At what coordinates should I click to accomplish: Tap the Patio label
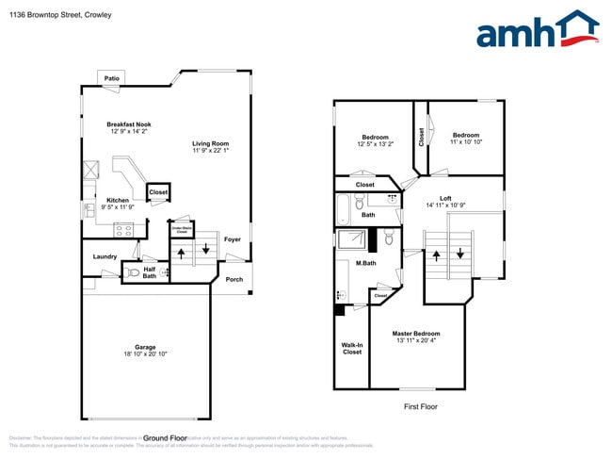[112, 78]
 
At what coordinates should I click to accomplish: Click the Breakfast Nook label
[129, 124]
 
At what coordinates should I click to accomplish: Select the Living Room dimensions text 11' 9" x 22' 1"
[211, 150]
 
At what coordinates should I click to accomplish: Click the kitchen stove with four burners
[124, 228]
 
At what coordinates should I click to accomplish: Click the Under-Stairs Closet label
[182, 228]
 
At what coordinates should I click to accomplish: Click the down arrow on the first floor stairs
[460, 253]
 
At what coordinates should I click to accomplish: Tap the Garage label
[144, 347]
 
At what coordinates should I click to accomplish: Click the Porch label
[234, 279]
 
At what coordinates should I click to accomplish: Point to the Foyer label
[232, 239]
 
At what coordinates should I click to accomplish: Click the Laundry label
[105, 256]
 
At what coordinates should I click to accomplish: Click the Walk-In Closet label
[351, 349]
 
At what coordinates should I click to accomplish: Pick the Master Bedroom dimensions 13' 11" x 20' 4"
[415, 341]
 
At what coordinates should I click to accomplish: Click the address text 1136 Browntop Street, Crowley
[57, 15]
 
